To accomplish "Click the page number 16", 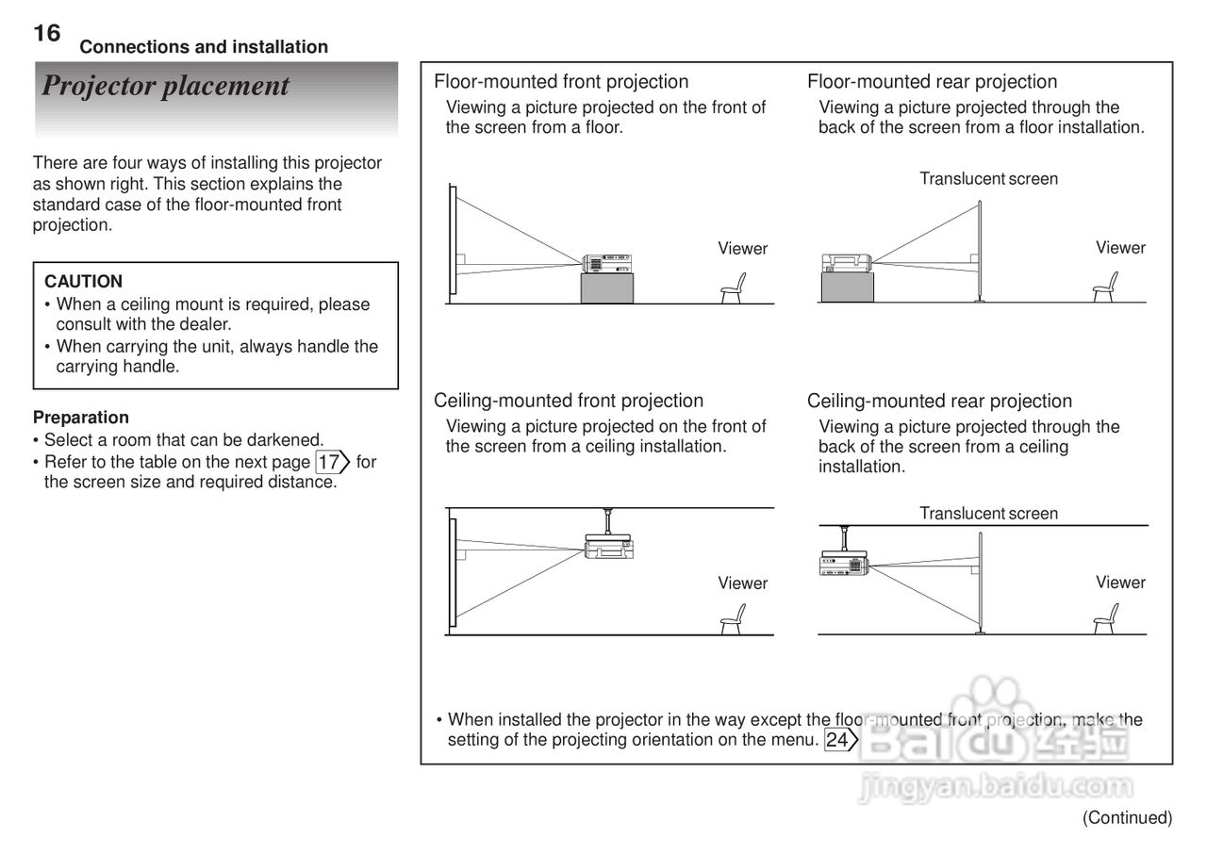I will tap(46, 34).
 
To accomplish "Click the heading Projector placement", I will tap(165, 86).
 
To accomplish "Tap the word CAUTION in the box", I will tap(83, 281).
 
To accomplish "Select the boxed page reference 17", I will tap(330, 462).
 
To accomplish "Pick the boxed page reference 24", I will tap(838, 740).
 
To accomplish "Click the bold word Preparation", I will tap(80, 417).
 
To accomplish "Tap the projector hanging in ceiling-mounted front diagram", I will tap(608, 545).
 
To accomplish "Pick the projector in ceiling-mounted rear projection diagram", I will tap(842, 564).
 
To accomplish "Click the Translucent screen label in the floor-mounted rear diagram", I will tap(988, 179).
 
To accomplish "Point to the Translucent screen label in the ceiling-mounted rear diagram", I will tap(988, 514).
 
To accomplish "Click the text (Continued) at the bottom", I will tap(1127, 817).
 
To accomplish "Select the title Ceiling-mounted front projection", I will tap(569, 401).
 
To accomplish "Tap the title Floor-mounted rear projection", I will tap(932, 82).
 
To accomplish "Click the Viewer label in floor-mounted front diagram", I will tap(742, 249).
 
